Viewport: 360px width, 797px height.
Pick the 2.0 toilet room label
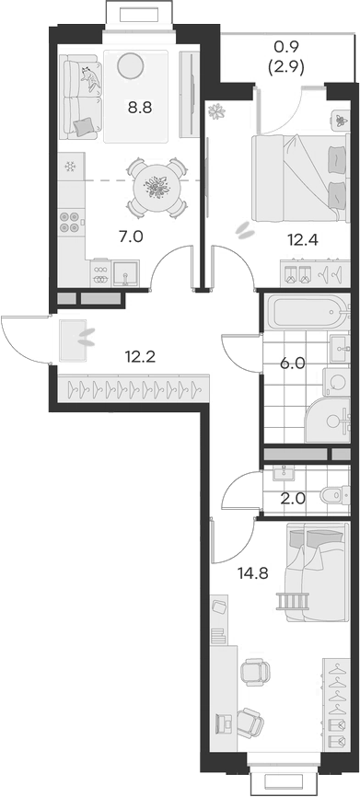(x=292, y=500)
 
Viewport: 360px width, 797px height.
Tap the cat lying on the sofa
(x=89, y=82)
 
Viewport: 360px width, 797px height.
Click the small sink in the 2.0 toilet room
(x=281, y=475)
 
